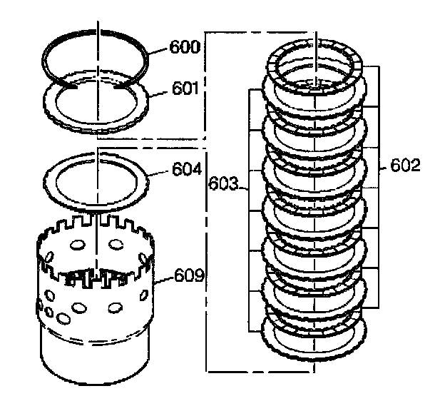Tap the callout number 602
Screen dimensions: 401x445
point(406,166)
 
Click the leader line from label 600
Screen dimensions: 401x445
point(158,50)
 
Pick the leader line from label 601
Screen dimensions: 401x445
point(159,92)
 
